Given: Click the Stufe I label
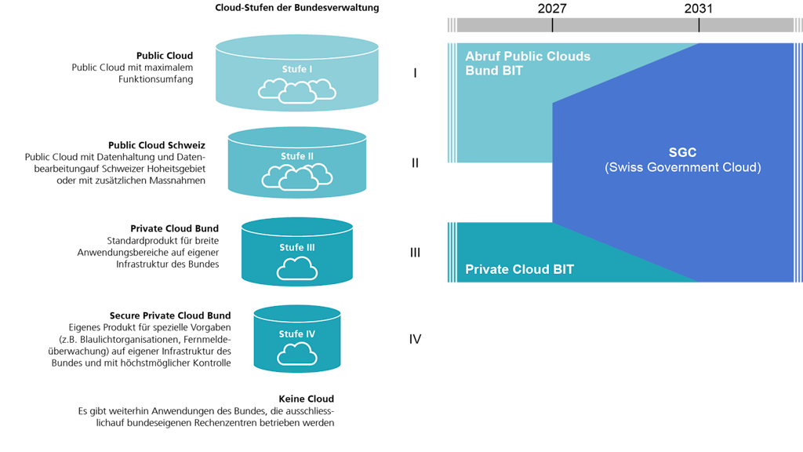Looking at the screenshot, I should [297, 69].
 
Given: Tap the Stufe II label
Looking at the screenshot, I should [297, 156].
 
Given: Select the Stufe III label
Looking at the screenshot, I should [297, 247].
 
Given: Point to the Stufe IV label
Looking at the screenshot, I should [297, 334].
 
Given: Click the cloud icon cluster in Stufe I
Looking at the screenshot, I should [297, 91].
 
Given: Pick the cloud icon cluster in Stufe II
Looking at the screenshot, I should [297, 177].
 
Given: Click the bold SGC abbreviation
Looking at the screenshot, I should [682, 153].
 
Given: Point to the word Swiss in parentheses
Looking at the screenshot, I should [625, 168].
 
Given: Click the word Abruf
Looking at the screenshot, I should [482, 56].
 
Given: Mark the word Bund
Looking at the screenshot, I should [481, 71].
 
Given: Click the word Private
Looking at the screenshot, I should [487, 269].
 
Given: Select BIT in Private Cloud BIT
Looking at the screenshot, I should [563, 269].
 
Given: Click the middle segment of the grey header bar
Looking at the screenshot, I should [625, 25].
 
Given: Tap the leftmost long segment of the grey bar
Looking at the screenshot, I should [503, 25].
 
